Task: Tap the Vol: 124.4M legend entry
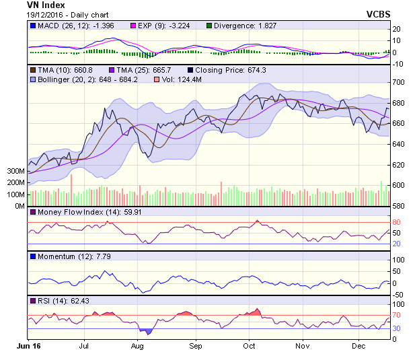tap(182, 79)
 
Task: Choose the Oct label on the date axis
tap(250, 346)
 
